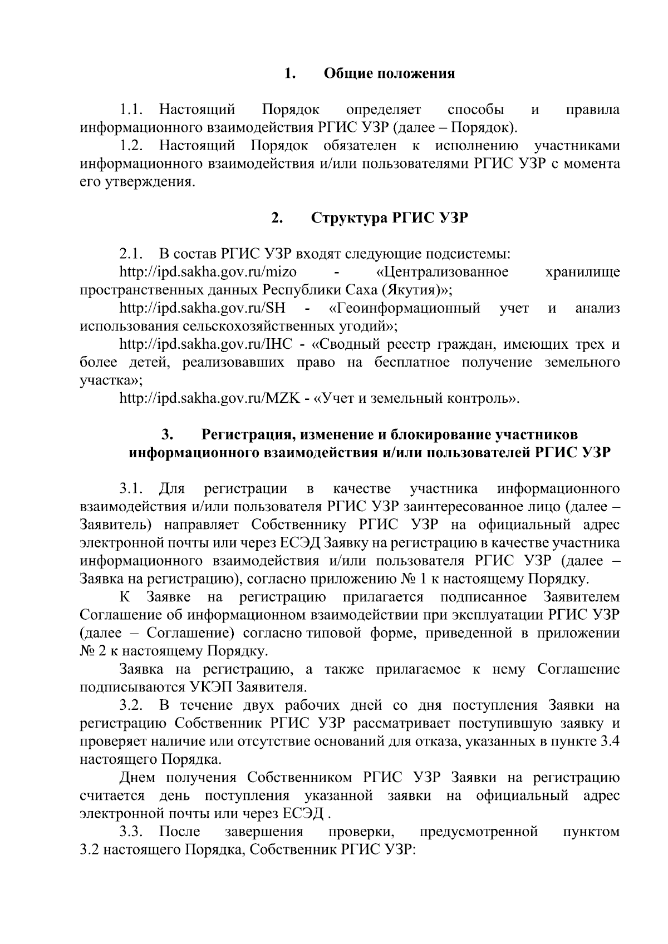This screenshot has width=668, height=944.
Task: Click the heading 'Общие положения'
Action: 389,73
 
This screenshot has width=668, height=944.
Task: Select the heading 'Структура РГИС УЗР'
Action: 389,218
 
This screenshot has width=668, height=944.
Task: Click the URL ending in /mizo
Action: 208,272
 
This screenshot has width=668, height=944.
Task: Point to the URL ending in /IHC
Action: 206,344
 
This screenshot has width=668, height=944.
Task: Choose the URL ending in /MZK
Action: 210,398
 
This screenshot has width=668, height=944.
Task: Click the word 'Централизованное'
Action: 443,272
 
